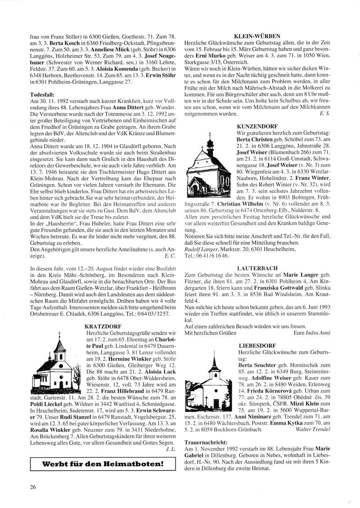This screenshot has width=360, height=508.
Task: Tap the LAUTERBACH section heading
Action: tap(257, 268)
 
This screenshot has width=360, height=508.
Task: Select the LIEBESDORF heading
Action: tap(254, 345)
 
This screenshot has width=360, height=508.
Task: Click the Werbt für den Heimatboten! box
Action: tap(103, 464)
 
